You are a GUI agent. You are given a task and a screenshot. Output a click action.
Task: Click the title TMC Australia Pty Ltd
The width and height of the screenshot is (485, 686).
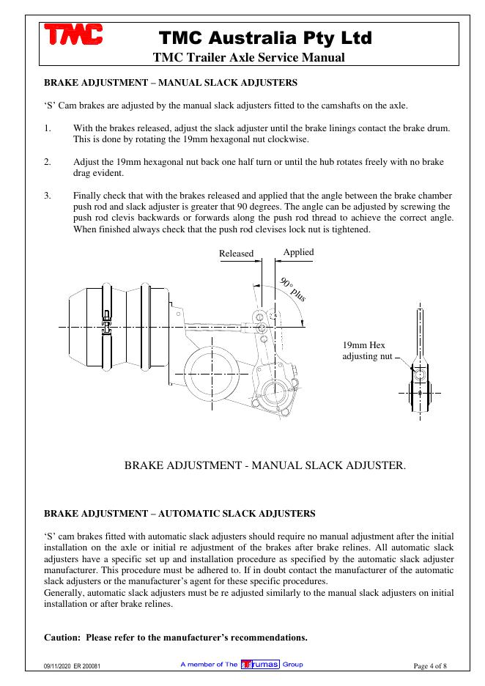[265, 37]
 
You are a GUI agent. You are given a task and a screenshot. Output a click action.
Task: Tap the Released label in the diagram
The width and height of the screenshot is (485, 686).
[236, 254]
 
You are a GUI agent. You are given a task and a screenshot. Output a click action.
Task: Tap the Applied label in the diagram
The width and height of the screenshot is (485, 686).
[298, 252]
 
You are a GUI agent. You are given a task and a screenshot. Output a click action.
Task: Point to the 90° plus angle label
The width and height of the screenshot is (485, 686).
[293, 289]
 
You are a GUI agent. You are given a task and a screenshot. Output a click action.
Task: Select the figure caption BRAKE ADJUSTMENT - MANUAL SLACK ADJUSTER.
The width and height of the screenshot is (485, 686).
[264, 465]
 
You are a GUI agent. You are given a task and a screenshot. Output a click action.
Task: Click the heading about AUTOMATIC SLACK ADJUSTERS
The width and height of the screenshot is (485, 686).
[180, 513]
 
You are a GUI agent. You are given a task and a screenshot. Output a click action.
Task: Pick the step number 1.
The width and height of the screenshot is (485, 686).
[48, 128]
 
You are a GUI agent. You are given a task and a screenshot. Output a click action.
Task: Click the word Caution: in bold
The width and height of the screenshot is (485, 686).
[62, 637]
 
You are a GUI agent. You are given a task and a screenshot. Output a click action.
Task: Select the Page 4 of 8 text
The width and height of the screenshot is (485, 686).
[430, 665]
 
